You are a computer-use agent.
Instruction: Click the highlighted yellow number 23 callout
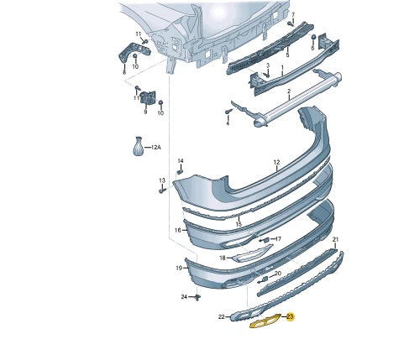point(291,317)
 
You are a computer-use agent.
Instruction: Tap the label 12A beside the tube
point(156,147)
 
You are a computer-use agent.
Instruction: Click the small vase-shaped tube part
point(138,146)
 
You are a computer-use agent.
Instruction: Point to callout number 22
point(222,316)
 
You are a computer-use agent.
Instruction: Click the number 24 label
point(184,297)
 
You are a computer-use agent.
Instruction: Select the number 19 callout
point(179,268)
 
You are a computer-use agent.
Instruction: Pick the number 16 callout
point(178,230)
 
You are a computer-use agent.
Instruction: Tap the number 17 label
point(278,239)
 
